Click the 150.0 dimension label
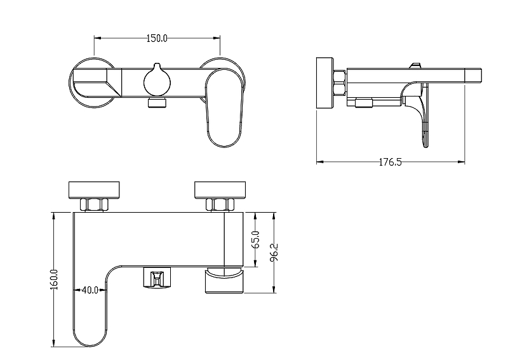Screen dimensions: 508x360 tap(157, 38)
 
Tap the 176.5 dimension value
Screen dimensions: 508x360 tap(390, 162)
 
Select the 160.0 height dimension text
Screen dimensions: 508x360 tap(54, 279)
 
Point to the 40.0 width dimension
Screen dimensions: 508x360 tap(90, 290)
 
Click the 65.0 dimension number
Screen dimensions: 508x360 tap(256, 239)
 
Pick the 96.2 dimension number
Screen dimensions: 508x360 tap(274, 253)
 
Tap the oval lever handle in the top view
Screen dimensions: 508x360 tap(224, 107)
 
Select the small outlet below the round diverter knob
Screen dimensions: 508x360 tap(157, 103)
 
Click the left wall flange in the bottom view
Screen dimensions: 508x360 tap(94, 190)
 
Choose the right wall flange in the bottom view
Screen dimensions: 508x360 tap(220, 190)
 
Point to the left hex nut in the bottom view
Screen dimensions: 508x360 tap(94, 205)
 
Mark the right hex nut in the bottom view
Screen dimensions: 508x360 tap(220, 205)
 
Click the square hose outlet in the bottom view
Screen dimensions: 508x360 tap(157, 277)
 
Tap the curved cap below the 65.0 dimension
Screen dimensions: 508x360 tap(224, 280)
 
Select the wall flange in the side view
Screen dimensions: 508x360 tap(324, 83)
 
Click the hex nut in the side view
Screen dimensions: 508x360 tap(340, 83)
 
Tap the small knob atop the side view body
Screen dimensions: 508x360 tap(415, 65)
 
